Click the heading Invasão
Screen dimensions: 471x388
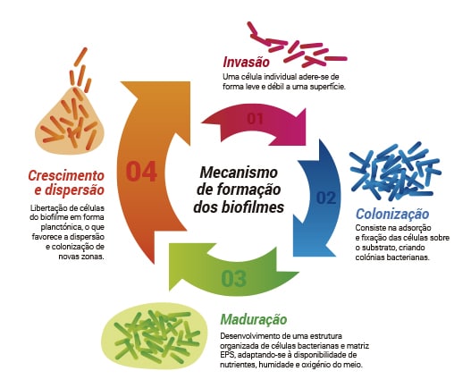point(247,63)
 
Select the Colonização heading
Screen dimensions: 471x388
point(392,215)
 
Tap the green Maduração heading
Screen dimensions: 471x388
point(254,319)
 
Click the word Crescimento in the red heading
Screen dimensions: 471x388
point(66,175)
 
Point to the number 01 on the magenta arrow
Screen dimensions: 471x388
point(255,119)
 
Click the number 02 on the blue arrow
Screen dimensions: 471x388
point(326,198)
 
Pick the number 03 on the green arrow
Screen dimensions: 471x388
point(233,278)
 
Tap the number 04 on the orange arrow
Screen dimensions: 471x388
point(141,172)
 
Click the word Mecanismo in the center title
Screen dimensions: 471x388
point(239,173)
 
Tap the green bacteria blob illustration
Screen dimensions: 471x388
point(154,336)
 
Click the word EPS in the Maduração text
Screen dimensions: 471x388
point(228,355)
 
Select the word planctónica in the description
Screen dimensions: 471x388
point(59,227)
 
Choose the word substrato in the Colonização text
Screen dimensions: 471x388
point(380,248)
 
